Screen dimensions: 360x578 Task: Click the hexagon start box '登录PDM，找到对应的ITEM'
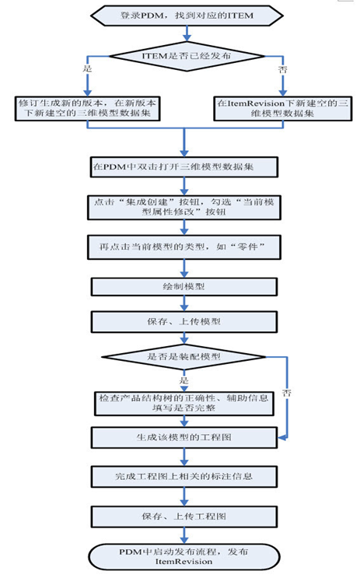point(187,16)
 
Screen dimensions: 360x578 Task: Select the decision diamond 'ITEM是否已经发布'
point(187,56)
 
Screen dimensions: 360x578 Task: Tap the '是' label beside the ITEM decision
point(87,68)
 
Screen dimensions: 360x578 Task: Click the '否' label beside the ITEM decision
point(282,69)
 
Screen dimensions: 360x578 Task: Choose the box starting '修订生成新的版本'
point(87,108)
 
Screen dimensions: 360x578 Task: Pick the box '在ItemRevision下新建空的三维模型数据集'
point(282,108)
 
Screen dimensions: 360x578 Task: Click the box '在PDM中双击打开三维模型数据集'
point(183,167)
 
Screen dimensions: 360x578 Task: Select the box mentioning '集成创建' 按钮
point(183,208)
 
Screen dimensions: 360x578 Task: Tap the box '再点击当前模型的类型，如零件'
point(183,247)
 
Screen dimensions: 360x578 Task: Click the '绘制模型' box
point(183,287)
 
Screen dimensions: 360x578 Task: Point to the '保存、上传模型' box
point(183,322)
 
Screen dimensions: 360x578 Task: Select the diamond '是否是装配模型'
point(183,356)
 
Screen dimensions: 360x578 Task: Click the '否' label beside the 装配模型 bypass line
point(287,393)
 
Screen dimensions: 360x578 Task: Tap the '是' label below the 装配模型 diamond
point(183,380)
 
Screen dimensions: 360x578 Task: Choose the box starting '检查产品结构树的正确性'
point(183,403)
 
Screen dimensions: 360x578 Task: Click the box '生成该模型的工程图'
point(183,437)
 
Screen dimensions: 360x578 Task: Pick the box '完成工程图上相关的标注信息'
point(183,477)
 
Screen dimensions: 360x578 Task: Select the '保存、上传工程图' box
point(183,517)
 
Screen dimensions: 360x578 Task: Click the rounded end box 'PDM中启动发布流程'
point(183,557)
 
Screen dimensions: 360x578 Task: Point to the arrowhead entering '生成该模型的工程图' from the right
point(281,438)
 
